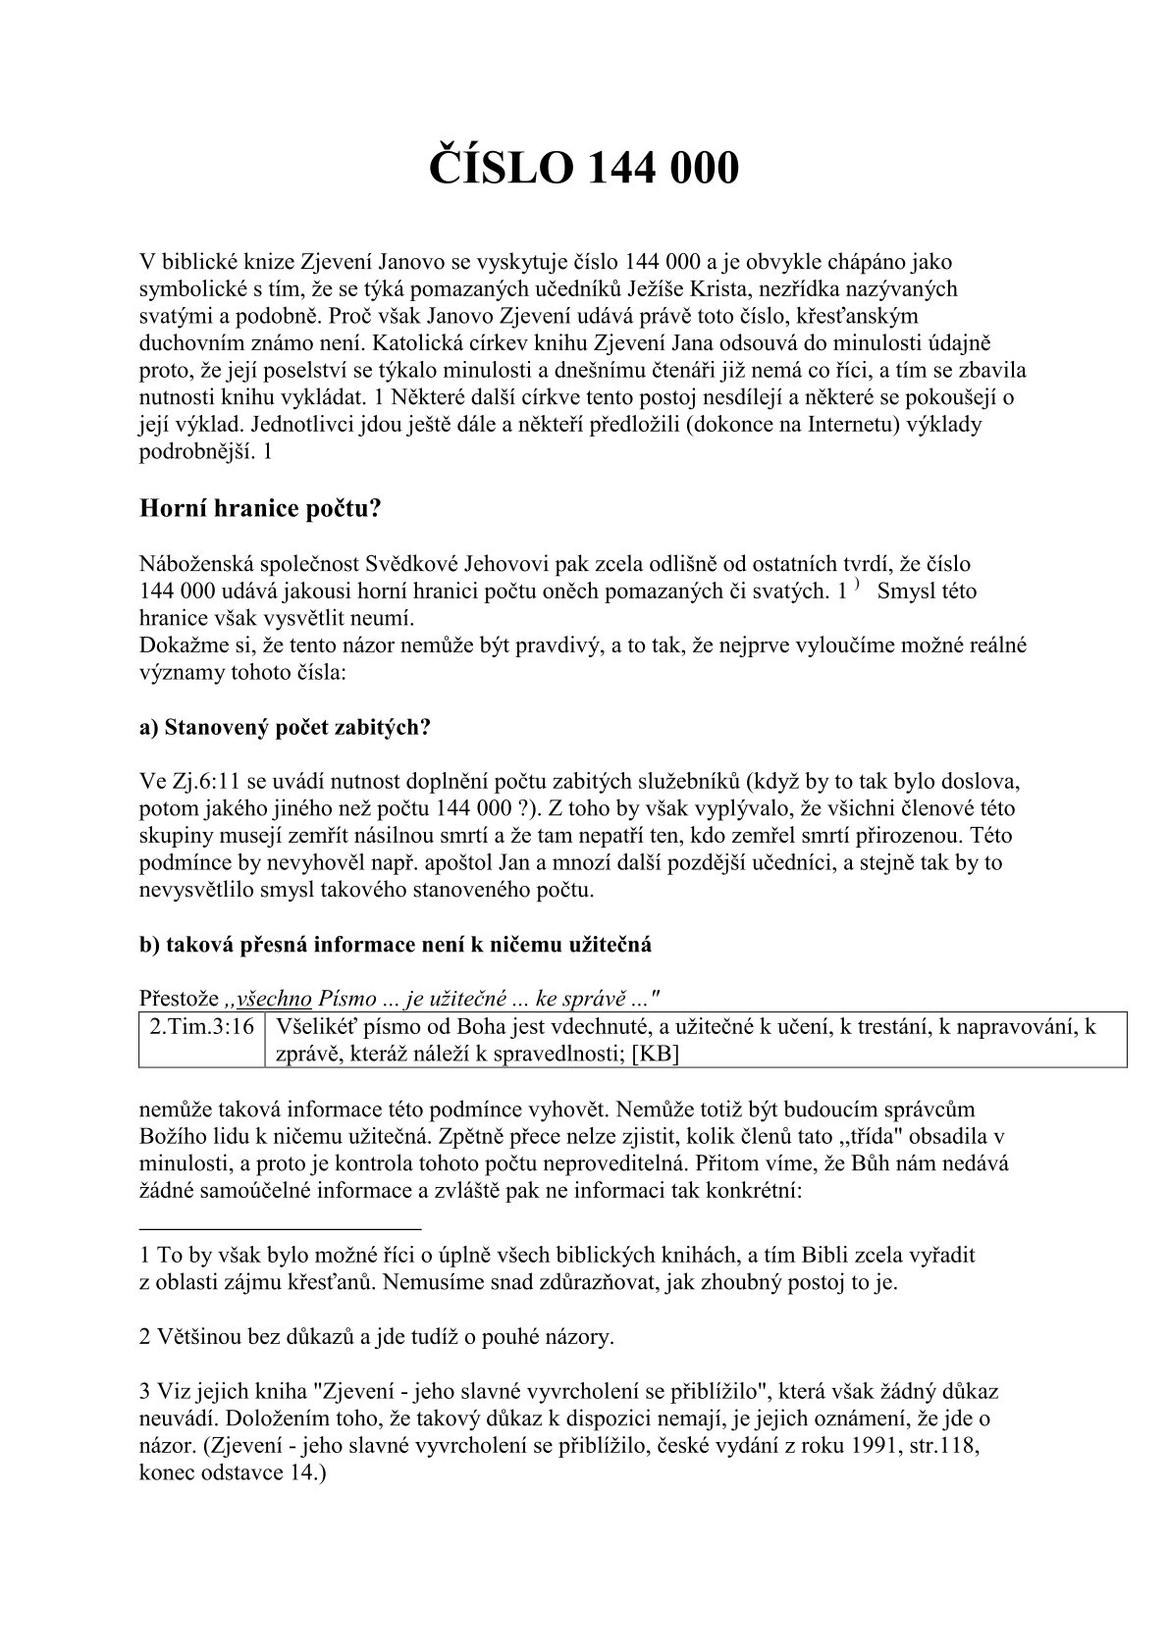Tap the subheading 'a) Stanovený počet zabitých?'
tap(286, 728)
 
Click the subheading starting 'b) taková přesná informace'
tap(396, 945)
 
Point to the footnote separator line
tap(281, 1228)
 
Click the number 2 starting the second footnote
tap(145, 1336)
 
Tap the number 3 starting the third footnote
tap(145, 1391)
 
